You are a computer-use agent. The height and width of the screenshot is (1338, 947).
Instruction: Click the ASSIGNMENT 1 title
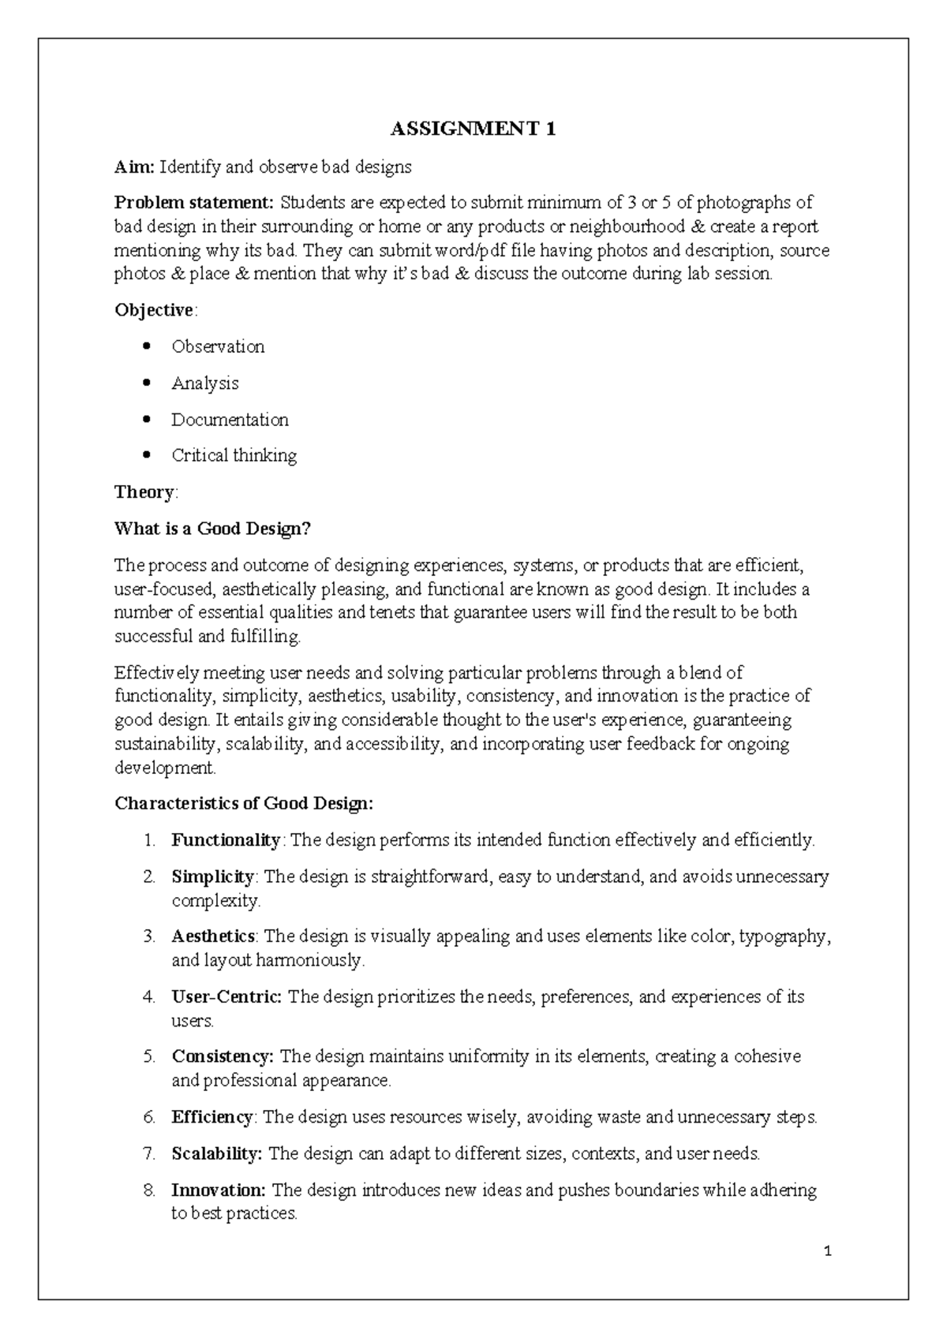tap(473, 129)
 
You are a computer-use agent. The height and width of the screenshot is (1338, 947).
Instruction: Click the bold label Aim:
tap(136, 167)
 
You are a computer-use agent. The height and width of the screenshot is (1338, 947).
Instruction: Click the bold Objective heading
tap(154, 310)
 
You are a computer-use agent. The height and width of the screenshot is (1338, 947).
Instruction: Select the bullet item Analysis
tap(205, 383)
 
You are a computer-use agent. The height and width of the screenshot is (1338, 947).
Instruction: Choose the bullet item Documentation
tap(230, 420)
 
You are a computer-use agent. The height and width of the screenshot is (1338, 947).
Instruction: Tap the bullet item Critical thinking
tap(234, 456)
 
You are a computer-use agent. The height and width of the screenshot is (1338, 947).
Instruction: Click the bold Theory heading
tap(144, 492)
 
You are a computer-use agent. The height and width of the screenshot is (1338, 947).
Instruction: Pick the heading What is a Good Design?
tap(213, 529)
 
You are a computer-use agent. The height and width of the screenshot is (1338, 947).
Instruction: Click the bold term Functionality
tap(226, 840)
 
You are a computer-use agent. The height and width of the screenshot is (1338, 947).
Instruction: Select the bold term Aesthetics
tap(213, 936)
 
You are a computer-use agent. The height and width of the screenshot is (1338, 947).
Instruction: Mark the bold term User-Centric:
tap(226, 997)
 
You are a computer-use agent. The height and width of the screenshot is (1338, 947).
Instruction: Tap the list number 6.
tap(149, 1118)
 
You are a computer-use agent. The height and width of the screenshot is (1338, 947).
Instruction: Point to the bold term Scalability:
tap(217, 1154)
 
